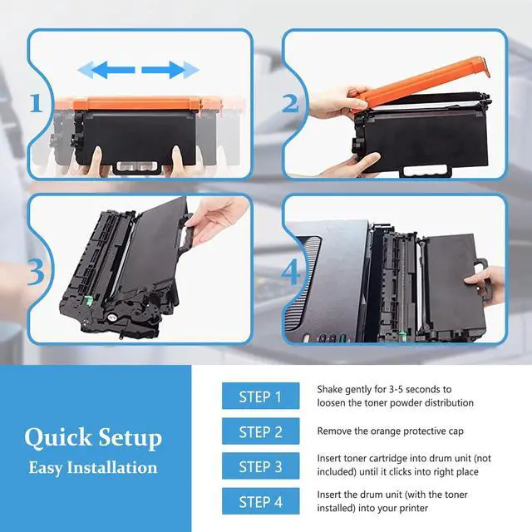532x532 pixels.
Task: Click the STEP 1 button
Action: point(260,396)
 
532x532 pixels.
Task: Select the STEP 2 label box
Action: point(260,431)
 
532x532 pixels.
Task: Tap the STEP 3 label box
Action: point(260,465)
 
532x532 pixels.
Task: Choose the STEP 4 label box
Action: point(260,500)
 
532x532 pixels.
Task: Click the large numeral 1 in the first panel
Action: point(36,103)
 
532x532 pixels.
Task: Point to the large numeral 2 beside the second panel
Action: point(290,103)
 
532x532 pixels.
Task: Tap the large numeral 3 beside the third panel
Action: point(36,272)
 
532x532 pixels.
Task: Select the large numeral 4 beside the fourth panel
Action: point(291,272)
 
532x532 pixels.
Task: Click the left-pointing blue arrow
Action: point(106,70)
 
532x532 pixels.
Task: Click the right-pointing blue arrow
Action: point(170,70)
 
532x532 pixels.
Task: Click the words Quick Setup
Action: point(93,438)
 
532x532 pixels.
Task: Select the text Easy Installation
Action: point(93,468)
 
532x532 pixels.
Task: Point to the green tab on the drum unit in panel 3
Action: point(88,300)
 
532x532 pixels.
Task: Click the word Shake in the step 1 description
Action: point(329,389)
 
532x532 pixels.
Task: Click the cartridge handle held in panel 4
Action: point(481,279)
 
